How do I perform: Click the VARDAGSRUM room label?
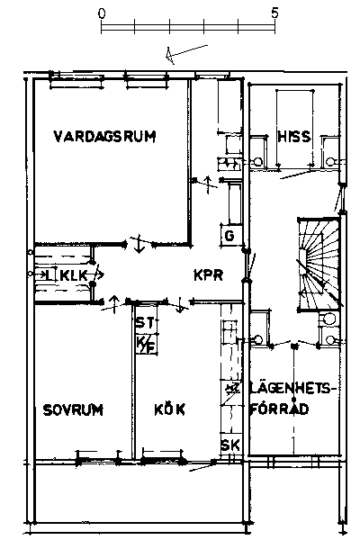tap(104, 137)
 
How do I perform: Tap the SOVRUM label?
tap(73, 409)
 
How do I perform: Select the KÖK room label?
tap(169, 409)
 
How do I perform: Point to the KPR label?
tap(209, 275)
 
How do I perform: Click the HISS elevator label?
tap(294, 137)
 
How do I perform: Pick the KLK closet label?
tap(74, 275)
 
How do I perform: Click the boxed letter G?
tap(229, 236)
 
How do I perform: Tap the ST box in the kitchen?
tap(146, 323)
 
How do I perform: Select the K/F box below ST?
tap(146, 345)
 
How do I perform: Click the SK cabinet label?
tap(230, 445)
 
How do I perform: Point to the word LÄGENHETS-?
tap(292, 388)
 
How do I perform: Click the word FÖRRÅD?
tap(279, 409)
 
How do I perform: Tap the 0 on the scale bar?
tap(102, 13)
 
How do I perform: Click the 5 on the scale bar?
tap(274, 13)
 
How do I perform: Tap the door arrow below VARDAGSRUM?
tap(139, 244)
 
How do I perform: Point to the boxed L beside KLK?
tap(50, 274)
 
